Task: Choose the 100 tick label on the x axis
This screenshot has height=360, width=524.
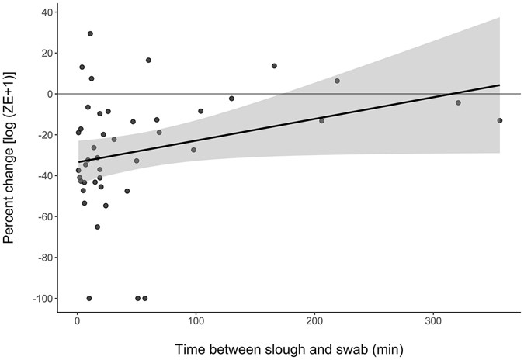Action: click(x=196, y=321)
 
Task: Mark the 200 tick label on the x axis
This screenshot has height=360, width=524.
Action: click(x=315, y=321)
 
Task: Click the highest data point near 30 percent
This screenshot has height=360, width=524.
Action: click(x=90, y=34)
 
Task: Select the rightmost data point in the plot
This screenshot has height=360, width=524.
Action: click(x=500, y=120)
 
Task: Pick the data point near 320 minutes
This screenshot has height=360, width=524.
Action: click(x=458, y=102)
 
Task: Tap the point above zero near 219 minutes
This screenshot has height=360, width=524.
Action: click(x=337, y=81)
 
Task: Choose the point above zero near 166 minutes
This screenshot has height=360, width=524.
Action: click(x=274, y=66)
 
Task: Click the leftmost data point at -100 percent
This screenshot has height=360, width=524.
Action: click(x=89, y=299)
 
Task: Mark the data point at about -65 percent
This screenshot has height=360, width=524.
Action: click(x=97, y=227)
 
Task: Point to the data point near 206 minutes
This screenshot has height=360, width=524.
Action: click(x=321, y=120)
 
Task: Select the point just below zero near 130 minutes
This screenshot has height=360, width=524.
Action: click(x=231, y=99)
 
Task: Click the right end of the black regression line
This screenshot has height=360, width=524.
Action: click(x=500, y=85)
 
